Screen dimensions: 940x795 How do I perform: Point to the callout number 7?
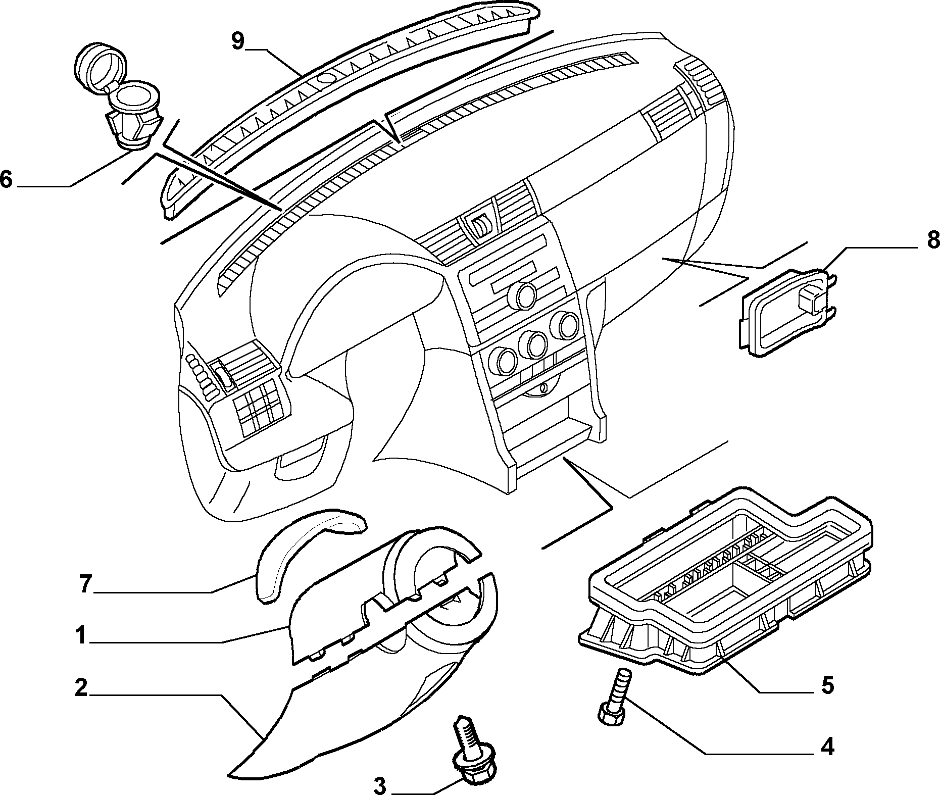tap(84, 584)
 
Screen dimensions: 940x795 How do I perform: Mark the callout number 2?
tap(81, 688)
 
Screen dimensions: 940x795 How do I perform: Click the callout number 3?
tap(379, 785)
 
